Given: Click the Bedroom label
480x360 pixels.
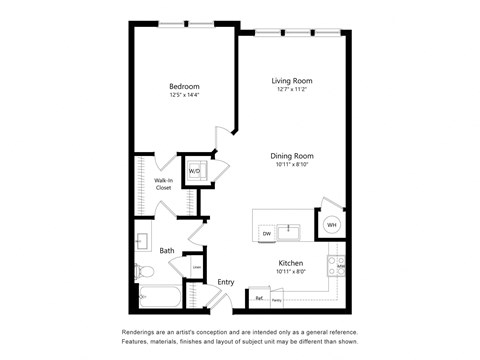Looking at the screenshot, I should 184,86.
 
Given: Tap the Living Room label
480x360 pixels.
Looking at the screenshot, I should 293,80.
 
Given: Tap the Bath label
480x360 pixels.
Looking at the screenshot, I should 166,251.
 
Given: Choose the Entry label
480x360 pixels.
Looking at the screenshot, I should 226,282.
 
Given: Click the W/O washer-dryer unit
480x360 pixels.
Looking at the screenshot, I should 195,171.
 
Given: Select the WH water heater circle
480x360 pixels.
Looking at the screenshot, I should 331,225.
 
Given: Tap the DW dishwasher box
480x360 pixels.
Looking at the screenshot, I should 267,233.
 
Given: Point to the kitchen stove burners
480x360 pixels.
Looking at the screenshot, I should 341,266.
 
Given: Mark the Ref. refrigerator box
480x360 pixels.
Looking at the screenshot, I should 259,298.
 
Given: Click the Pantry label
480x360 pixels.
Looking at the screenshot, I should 277,299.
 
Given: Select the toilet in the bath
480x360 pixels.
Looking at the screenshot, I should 145,271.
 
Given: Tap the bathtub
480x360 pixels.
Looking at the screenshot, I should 160,298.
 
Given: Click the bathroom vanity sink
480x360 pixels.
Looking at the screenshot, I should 142,241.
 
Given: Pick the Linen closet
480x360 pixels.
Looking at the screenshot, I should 196,268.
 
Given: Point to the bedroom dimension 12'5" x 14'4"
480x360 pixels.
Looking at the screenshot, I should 184,96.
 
